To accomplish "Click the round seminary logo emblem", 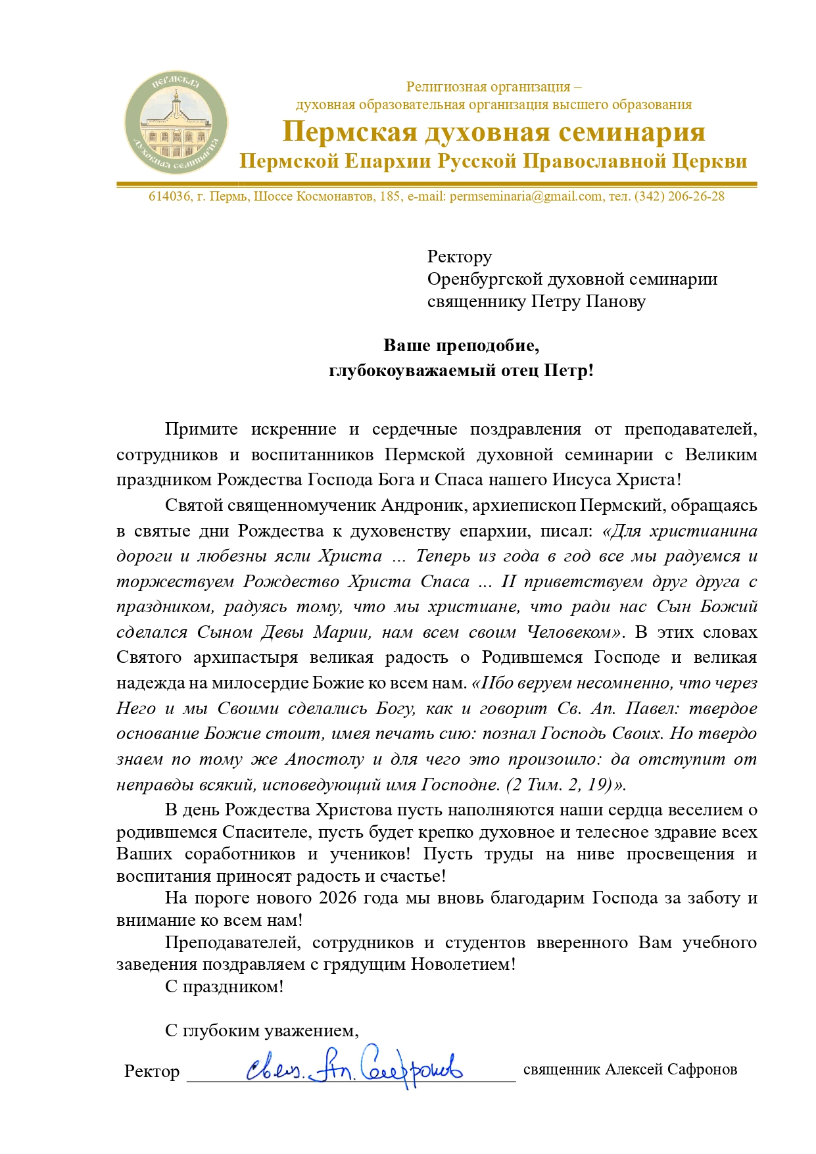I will coord(176,124).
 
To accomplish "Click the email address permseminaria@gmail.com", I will coord(525,197).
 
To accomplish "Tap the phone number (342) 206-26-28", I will coord(679,197).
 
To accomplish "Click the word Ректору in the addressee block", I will coord(459,256).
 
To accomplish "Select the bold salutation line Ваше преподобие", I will coord(461,346).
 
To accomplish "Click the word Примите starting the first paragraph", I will coord(201,429).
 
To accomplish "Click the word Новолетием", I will coord(463,965).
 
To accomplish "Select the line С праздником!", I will coord(224,987).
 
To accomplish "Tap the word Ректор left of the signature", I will coord(152,1071).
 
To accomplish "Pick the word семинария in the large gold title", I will coord(631,132).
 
